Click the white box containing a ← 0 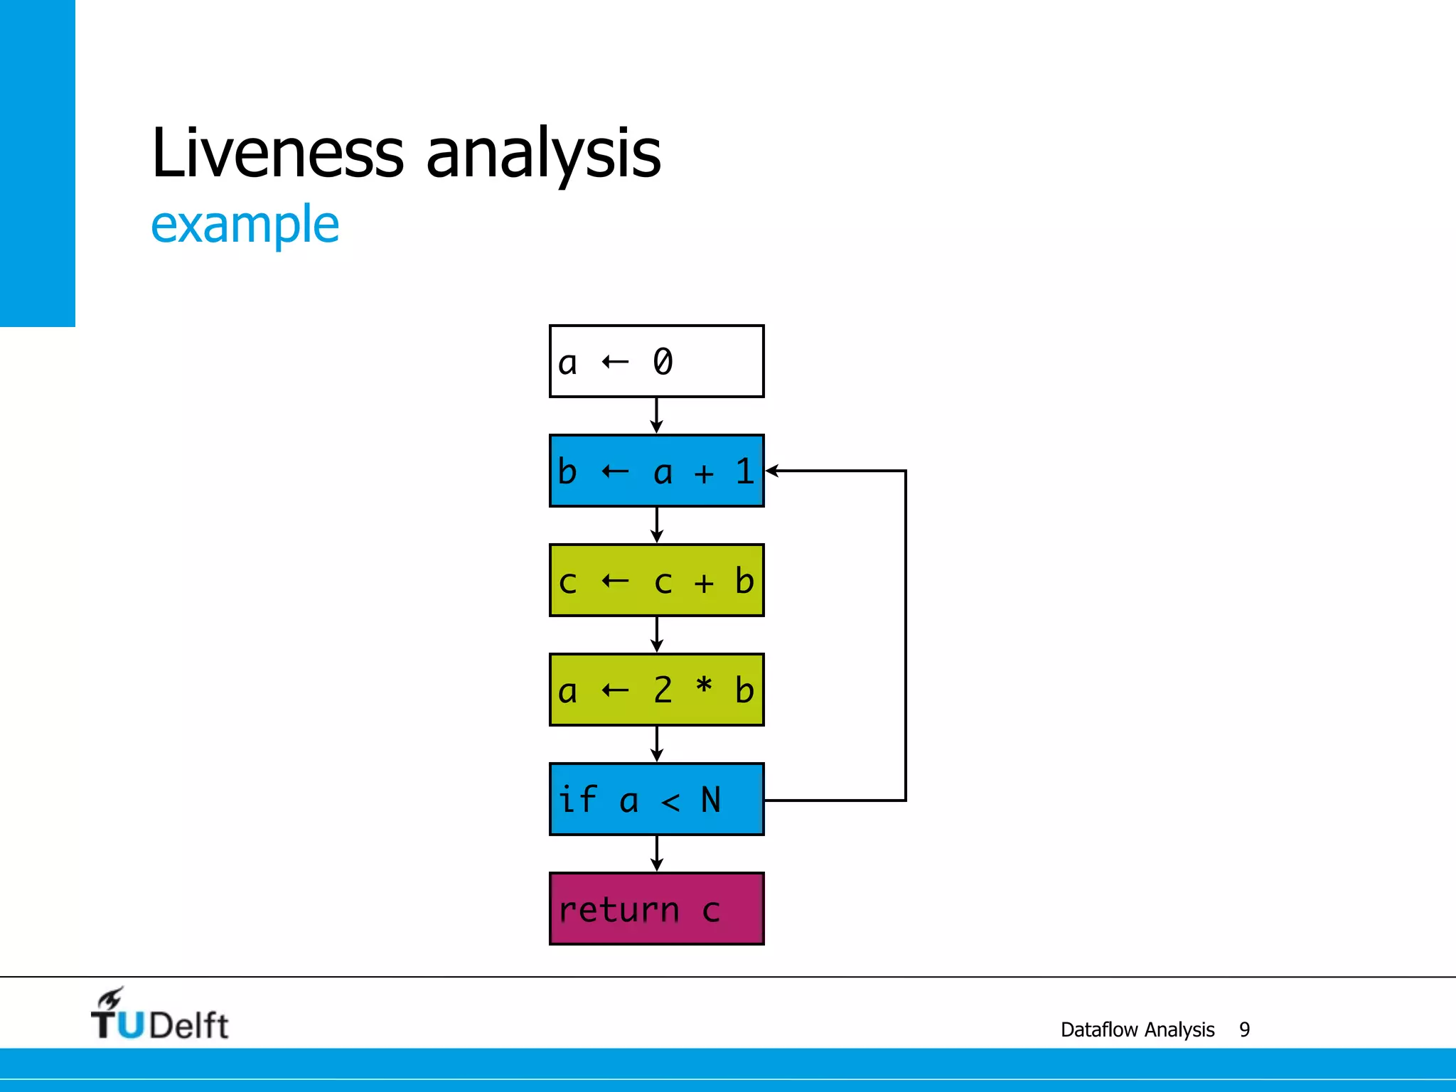pos(656,361)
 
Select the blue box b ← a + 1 pos(656,471)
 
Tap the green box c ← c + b pos(656,580)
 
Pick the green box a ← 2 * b pos(656,690)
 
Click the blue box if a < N pos(656,799)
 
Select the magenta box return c pos(656,909)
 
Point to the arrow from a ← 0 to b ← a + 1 pos(657,415)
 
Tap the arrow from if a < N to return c pos(657,853)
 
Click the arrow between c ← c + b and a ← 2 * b pos(657,634)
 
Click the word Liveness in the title pos(277,152)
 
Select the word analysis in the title pos(543,154)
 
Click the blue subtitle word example pos(245,225)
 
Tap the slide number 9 pos(1244,1029)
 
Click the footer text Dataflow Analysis pos(1137,1029)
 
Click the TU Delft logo pos(159,1015)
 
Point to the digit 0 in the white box pos(663,361)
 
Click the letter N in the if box pos(710,800)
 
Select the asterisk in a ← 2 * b pos(703,687)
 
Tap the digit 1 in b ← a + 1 pos(744,471)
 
